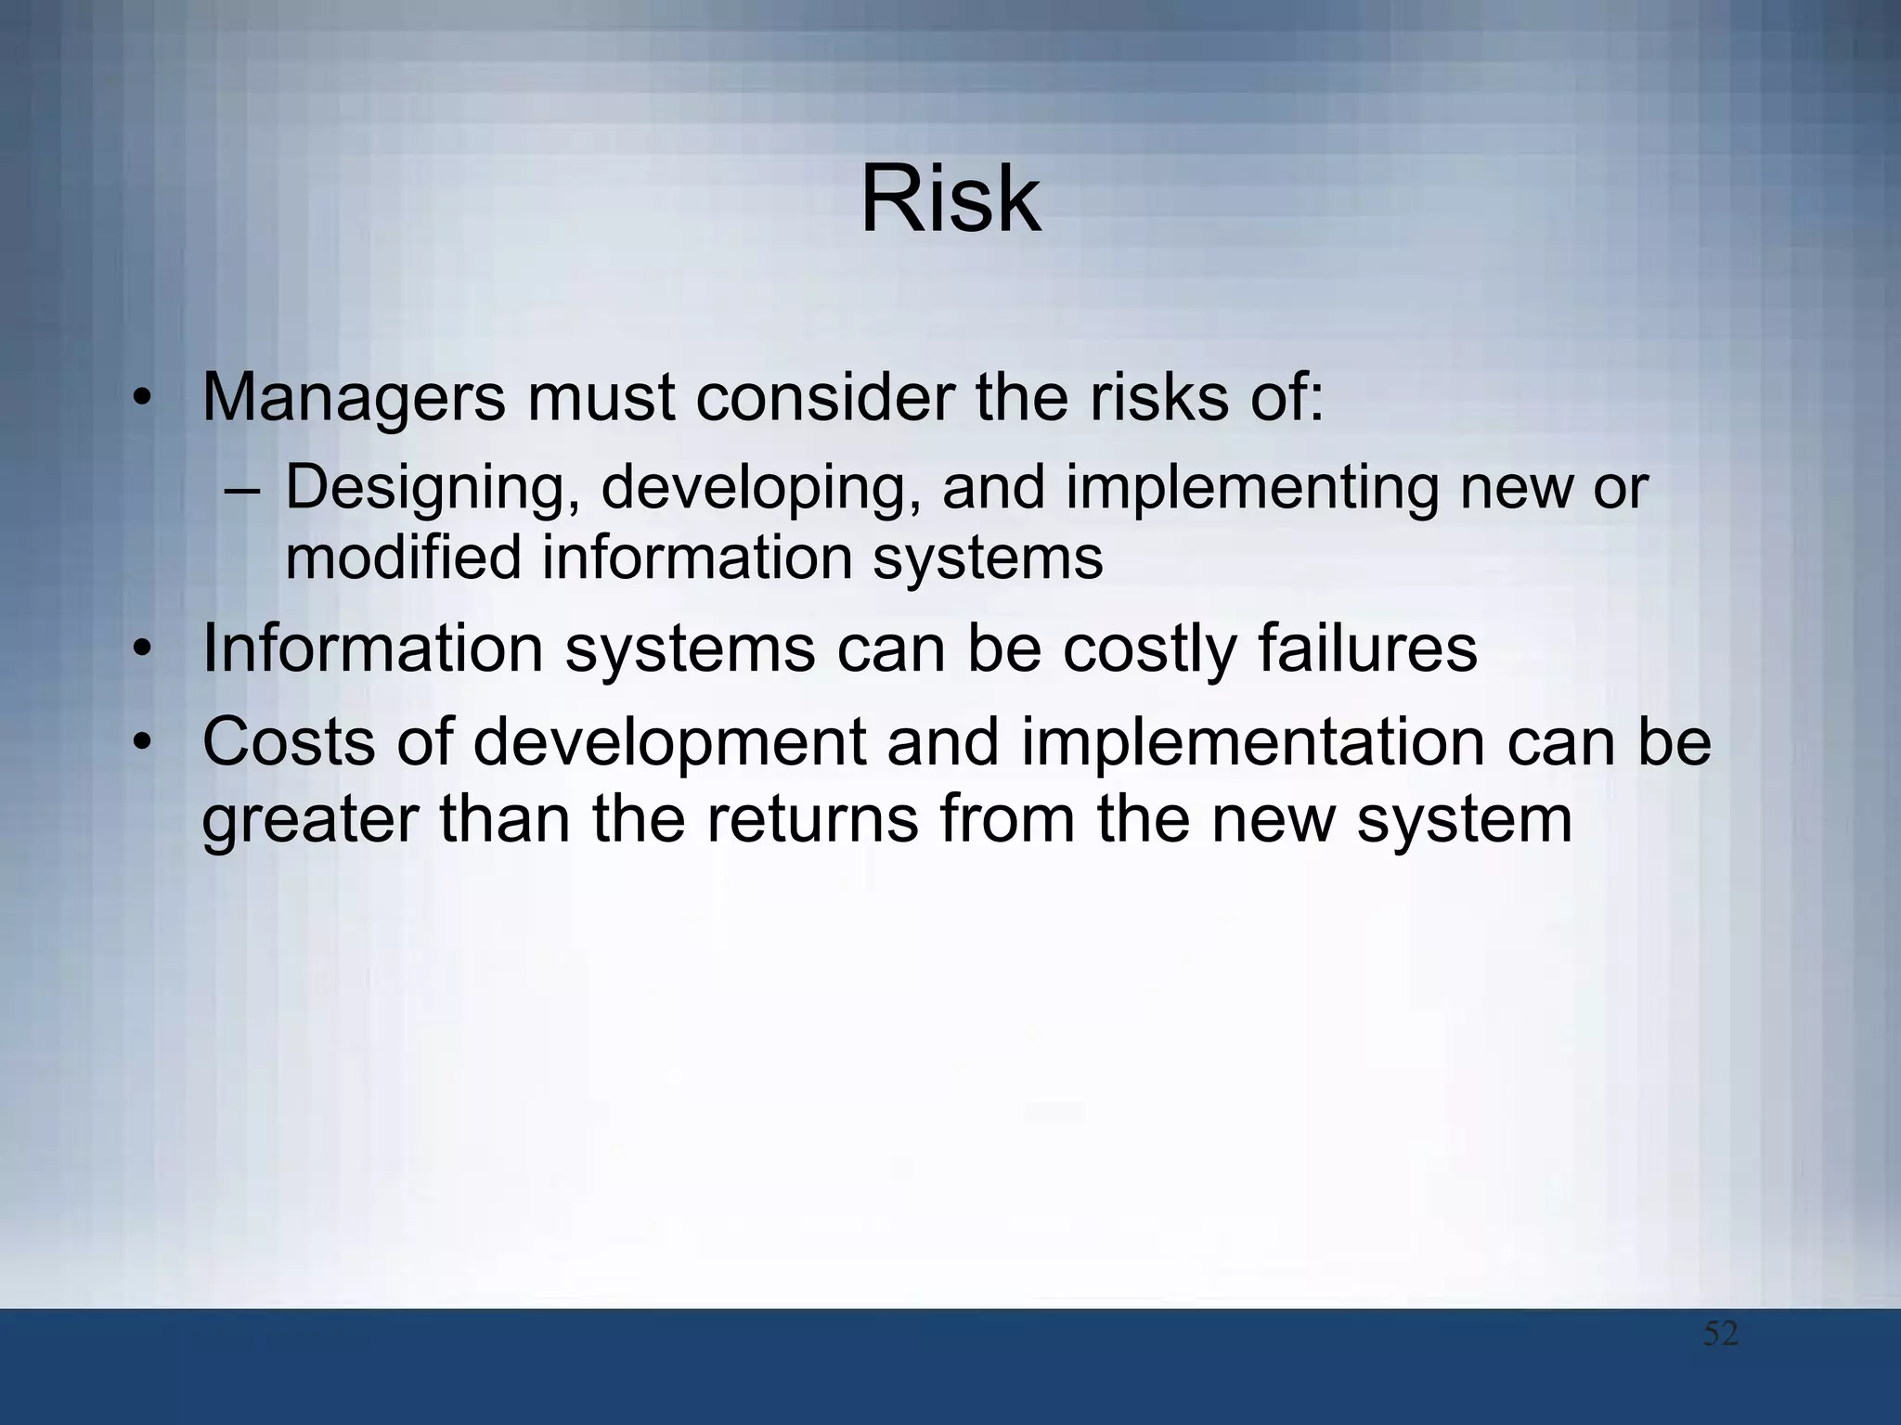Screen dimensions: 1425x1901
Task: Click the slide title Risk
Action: pyautogui.click(x=950, y=199)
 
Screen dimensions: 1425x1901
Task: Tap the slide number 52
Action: pyautogui.click(x=1720, y=1334)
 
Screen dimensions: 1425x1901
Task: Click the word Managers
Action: pyautogui.click(x=354, y=397)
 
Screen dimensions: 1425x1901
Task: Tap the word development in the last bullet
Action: pyautogui.click(x=669, y=744)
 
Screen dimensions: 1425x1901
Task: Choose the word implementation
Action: pyautogui.click(x=1252, y=744)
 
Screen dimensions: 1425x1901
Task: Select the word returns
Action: pyautogui.click(x=811, y=820)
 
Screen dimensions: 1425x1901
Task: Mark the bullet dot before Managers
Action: pyautogui.click(x=141, y=399)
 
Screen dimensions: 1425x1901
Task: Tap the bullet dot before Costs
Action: pyautogui.click(x=141, y=743)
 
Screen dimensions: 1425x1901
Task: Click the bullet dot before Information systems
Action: pyautogui.click(x=141, y=649)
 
